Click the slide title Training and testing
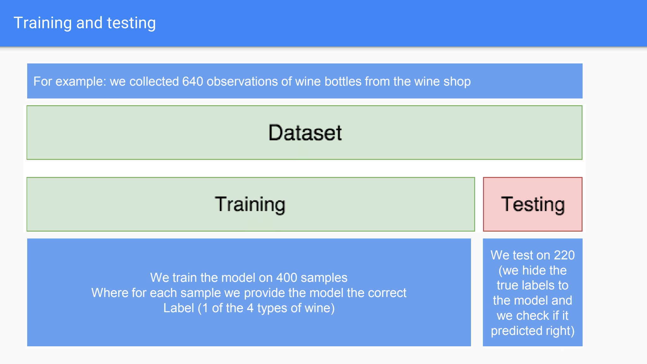click(85, 23)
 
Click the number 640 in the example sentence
click(192, 82)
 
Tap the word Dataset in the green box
click(305, 133)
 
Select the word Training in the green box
click(250, 204)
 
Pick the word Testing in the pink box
click(533, 204)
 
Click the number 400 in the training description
click(287, 278)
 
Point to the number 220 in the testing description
click(564, 255)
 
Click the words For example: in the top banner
click(70, 82)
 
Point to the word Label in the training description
click(178, 308)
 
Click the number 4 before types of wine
click(250, 308)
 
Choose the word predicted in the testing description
click(517, 331)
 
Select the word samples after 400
click(324, 278)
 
